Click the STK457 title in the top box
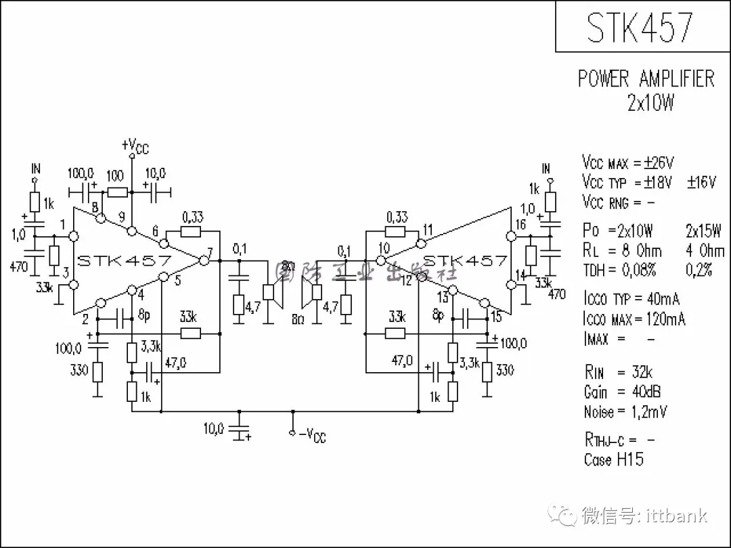point(640,27)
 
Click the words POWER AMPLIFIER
point(646,78)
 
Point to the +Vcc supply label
point(135,146)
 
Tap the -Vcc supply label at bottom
point(312,435)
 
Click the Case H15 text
point(613,460)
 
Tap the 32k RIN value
point(642,372)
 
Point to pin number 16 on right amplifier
point(520,225)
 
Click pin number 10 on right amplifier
point(384,248)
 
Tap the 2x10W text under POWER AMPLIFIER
point(650,103)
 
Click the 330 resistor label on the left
point(79,370)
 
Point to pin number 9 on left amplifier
point(121,217)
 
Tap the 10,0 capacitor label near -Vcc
point(213,428)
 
